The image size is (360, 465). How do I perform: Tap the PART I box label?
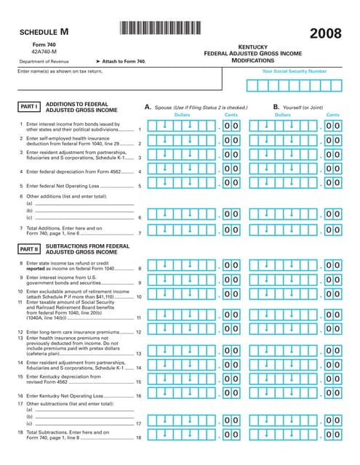point(28,107)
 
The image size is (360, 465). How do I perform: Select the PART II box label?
point(29,248)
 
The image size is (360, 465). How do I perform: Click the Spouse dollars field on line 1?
point(178,126)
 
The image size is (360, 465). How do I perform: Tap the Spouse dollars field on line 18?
point(178,434)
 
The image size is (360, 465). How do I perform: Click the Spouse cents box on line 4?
point(231,169)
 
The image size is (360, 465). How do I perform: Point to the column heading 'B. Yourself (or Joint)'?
point(297,107)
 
